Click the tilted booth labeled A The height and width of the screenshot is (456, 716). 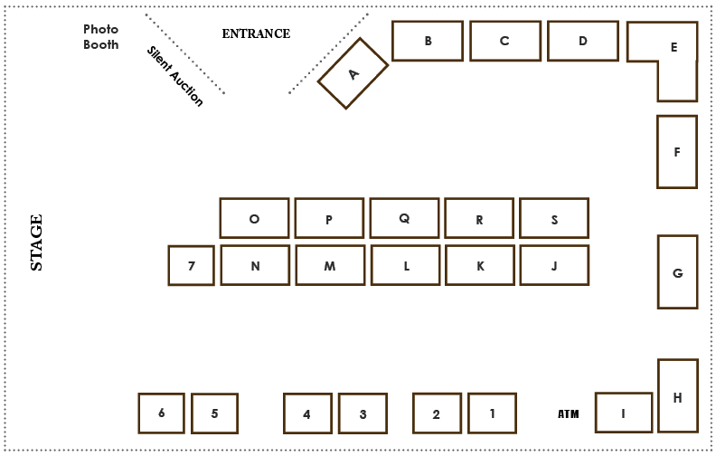pyautogui.click(x=353, y=73)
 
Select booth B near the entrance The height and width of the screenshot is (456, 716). pyautogui.click(x=428, y=41)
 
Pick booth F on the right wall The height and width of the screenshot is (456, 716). pyautogui.click(x=677, y=152)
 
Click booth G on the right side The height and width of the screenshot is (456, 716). pyautogui.click(x=677, y=271)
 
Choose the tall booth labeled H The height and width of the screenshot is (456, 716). pyautogui.click(x=677, y=395)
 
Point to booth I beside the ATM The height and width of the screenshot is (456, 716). pyautogui.click(x=623, y=413)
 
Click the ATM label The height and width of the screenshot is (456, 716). pyautogui.click(x=568, y=414)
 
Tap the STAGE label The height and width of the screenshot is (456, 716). pyautogui.click(x=36, y=242)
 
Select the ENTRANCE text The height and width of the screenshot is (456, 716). pyautogui.click(x=256, y=33)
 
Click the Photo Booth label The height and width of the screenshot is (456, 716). pyautogui.click(x=100, y=36)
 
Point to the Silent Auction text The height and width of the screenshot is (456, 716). pyautogui.click(x=175, y=76)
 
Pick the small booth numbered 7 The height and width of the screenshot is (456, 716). pyautogui.click(x=191, y=266)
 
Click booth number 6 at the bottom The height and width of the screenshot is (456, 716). pyautogui.click(x=161, y=413)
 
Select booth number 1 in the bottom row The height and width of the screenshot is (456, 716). pyautogui.click(x=492, y=413)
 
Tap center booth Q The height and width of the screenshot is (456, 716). pyautogui.click(x=404, y=218)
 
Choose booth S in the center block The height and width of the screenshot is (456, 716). pyautogui.click(x=554, y=218)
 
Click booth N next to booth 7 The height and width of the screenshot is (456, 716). pyautogui.click(x=255, y=265)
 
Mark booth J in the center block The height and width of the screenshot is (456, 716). pyautogui.click(x=554, y=265)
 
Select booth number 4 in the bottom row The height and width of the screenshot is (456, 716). pyautogui.click(x=306, y=413)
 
